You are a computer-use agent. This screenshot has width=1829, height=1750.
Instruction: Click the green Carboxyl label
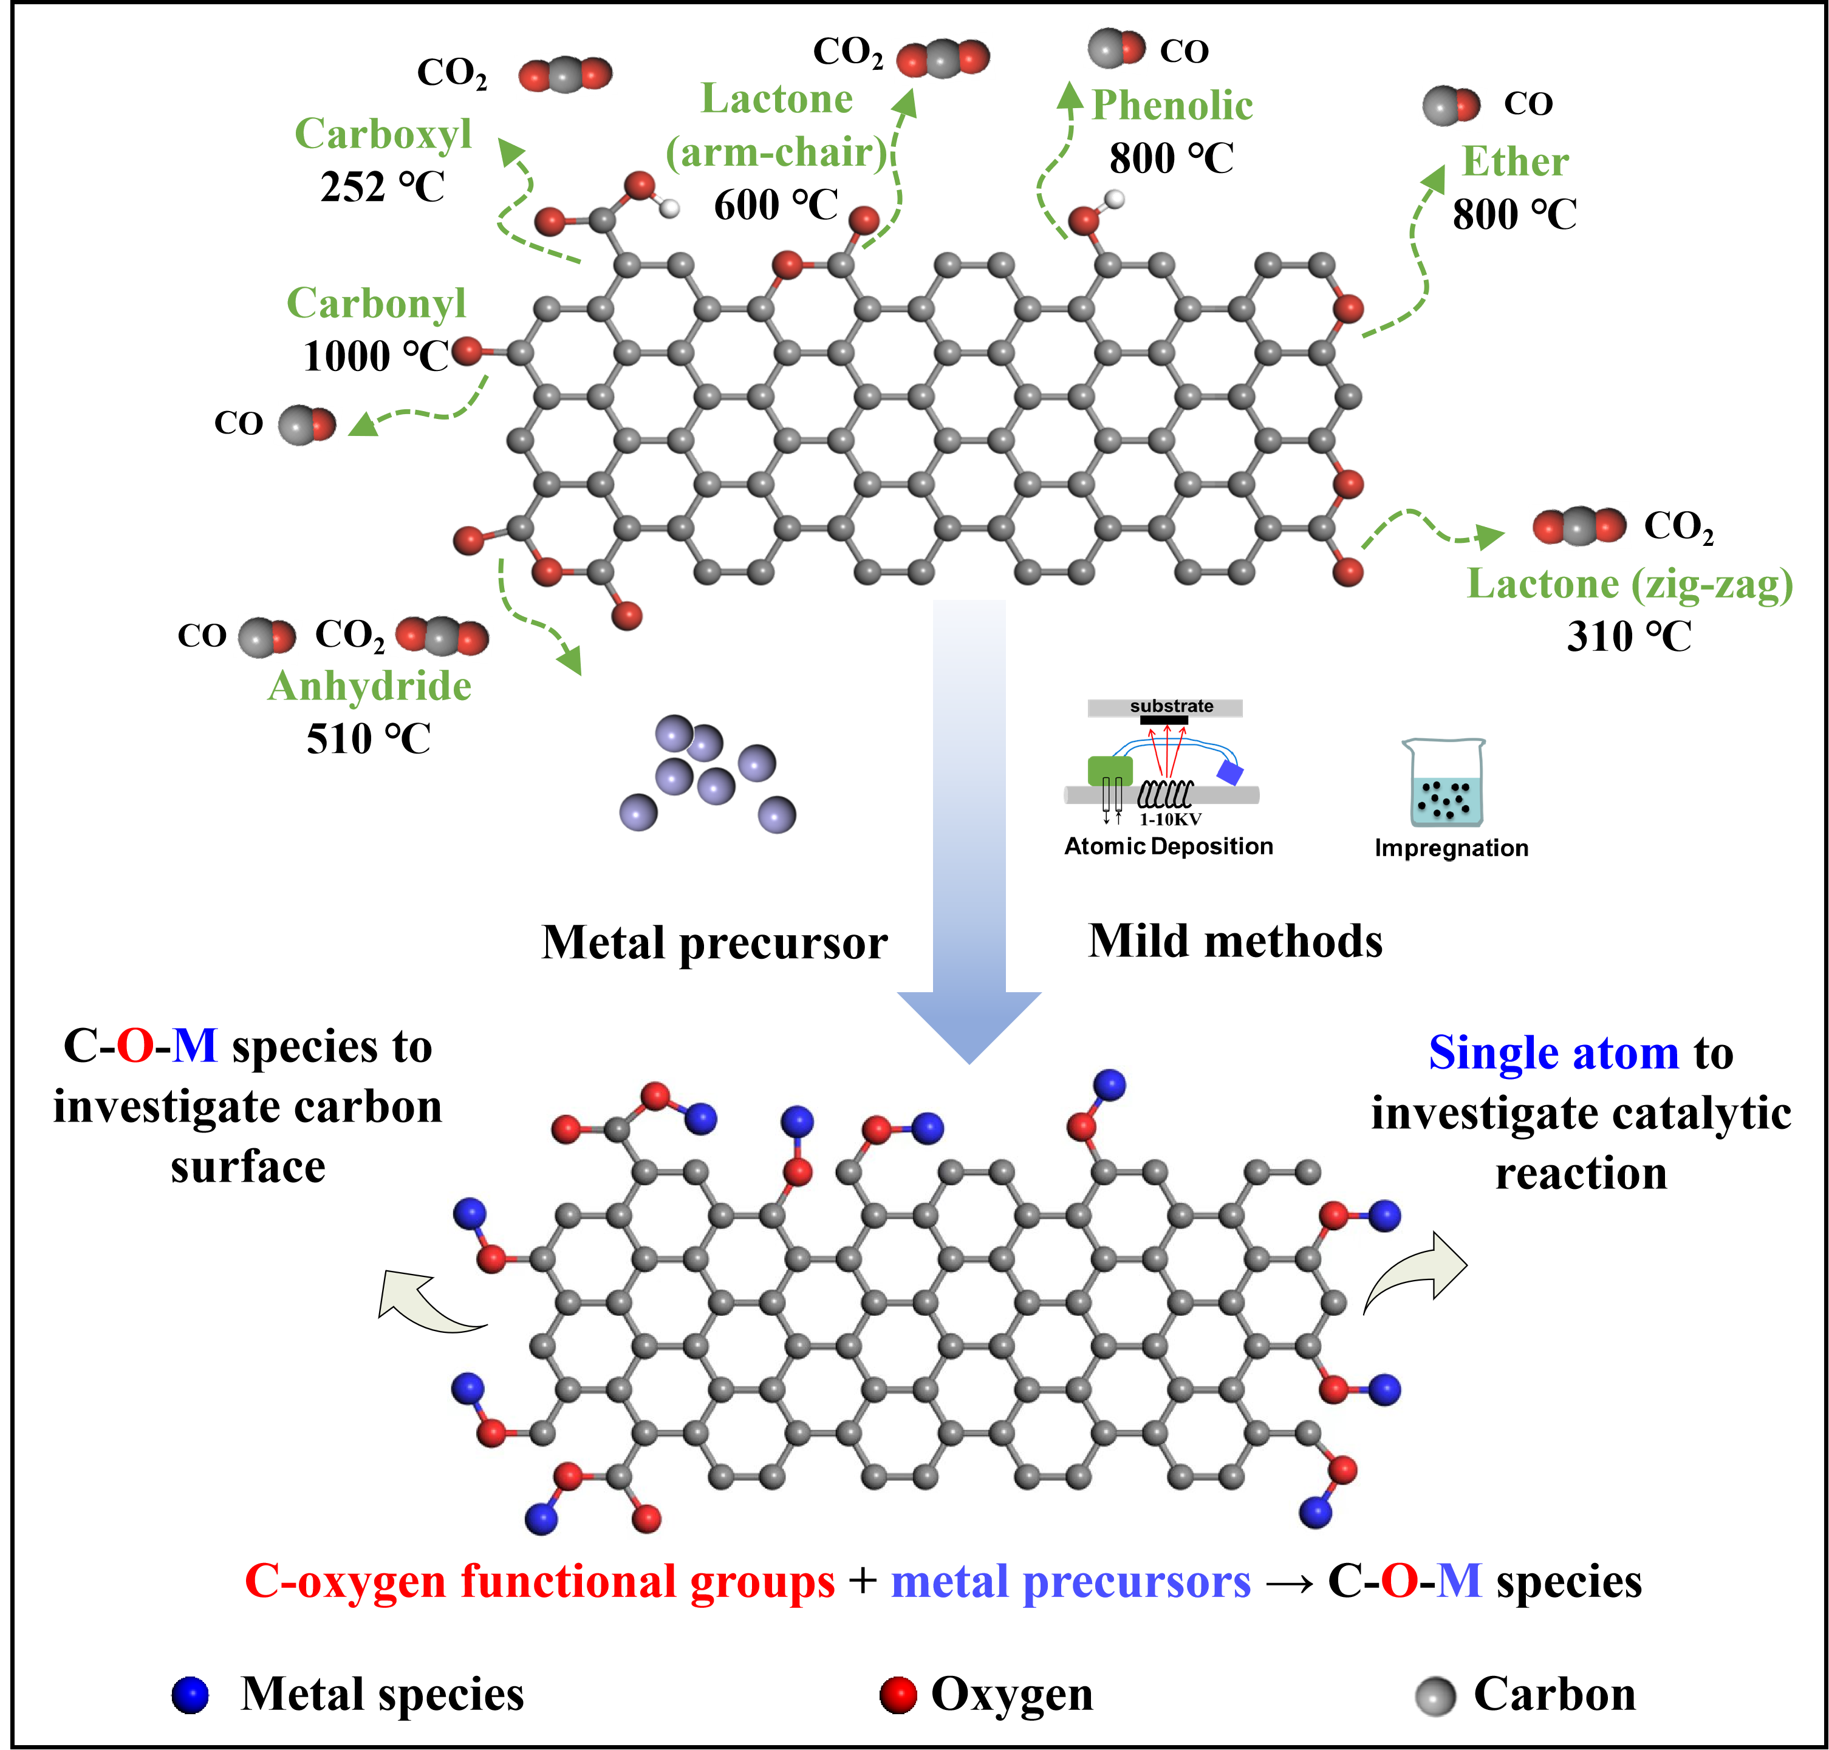[x=383, y=134]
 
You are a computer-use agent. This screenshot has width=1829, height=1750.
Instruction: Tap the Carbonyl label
[x=376, y=303]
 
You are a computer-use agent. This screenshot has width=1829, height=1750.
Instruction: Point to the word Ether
[x=1514, y=162]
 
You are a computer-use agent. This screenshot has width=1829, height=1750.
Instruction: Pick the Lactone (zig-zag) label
[x=1629, y=585]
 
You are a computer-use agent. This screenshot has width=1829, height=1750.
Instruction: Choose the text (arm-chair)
[x=776, y=152]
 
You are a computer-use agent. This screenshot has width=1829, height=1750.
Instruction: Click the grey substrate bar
[x=1164, y=707]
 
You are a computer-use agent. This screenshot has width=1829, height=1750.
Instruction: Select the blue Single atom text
[x=1554, y=1053]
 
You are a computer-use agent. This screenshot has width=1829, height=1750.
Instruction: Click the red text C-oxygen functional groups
[x=539, y=1581]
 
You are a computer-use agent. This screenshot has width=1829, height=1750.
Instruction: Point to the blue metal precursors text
[x=1070, y=1582]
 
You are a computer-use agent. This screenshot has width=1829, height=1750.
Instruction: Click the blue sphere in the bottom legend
[x=190, y=1695]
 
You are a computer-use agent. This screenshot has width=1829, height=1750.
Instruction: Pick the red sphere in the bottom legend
[x=898, y=1695]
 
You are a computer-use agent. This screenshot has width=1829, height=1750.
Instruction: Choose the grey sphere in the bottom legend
[x=1437, y=1693]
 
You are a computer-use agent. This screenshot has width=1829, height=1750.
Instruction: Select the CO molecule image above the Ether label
[x=1452, y=106]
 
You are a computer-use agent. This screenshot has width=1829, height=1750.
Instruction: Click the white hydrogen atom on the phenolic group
[x=1114, y=198]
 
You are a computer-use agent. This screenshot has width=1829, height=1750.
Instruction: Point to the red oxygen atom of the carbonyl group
[x=467, y=351]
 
